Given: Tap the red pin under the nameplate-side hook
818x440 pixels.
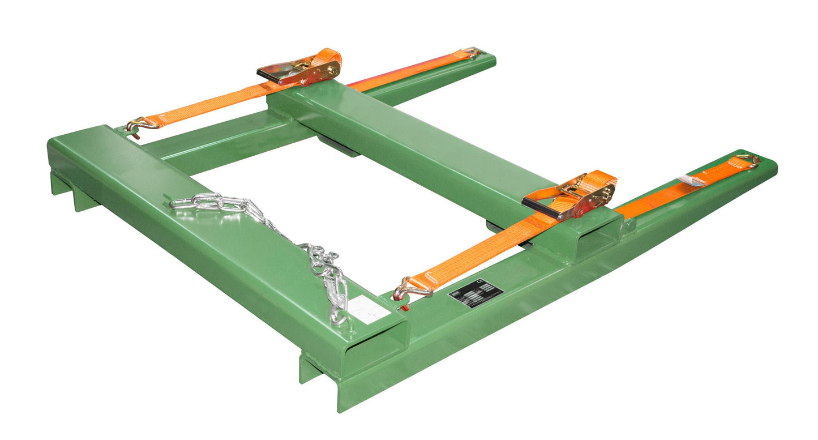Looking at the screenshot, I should tap(403, 307).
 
